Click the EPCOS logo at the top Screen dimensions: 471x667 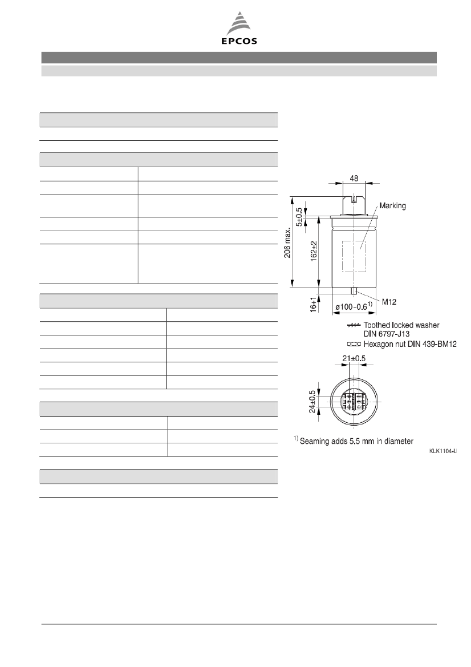(x=239, y=29)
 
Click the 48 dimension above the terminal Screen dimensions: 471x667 (x=354, y=179)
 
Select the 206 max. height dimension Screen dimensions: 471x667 (x=288, y=242)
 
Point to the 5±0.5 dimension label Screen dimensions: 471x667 (x=299, y=217)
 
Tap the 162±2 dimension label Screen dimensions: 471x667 (x=314, y=251)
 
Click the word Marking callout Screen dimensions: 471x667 (x=392, y=206)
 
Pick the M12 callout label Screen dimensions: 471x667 (x=389, y=302)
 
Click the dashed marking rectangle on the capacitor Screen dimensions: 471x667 (x=354, y=256)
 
